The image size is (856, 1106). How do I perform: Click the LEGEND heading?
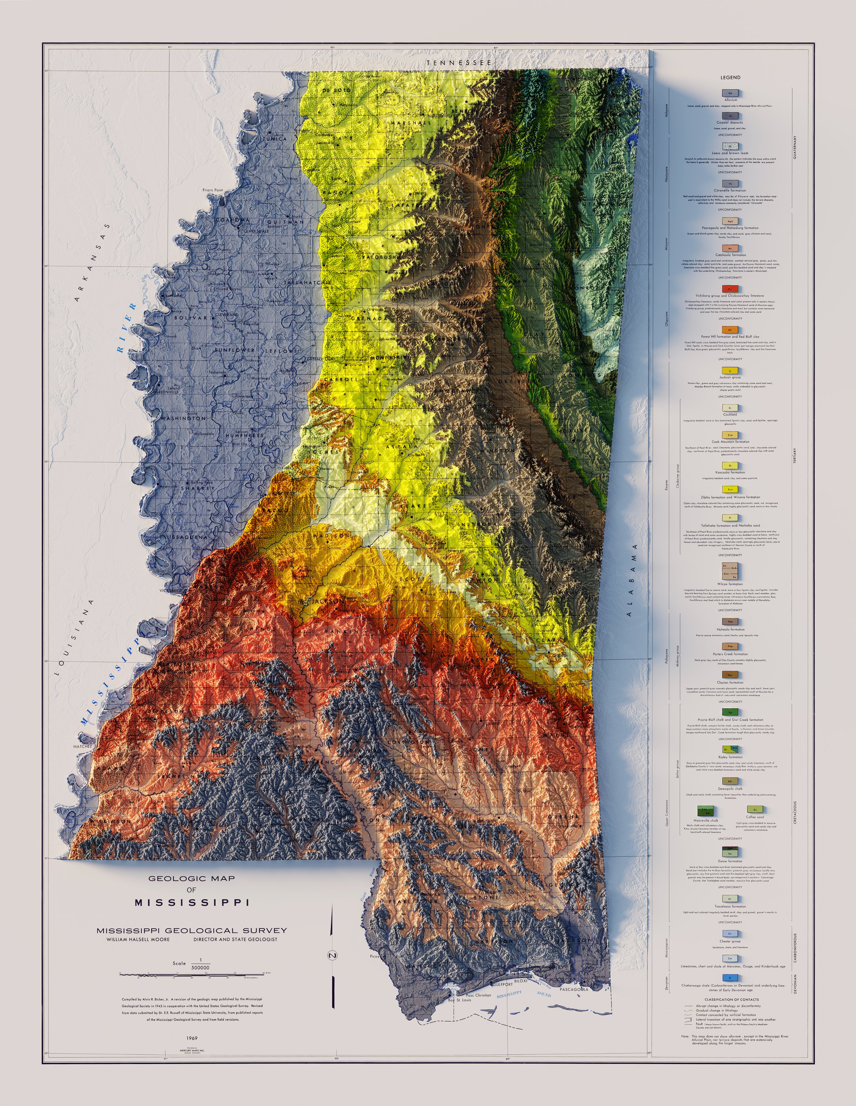[730, 77]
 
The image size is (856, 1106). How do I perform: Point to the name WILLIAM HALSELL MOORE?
[138, 939]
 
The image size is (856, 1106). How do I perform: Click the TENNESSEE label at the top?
[459, 63]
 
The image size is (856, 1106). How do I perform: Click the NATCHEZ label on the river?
[83, 746]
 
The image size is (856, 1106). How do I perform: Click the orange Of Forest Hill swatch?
[730, 330]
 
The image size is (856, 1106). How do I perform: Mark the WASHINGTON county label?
[183, 418]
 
